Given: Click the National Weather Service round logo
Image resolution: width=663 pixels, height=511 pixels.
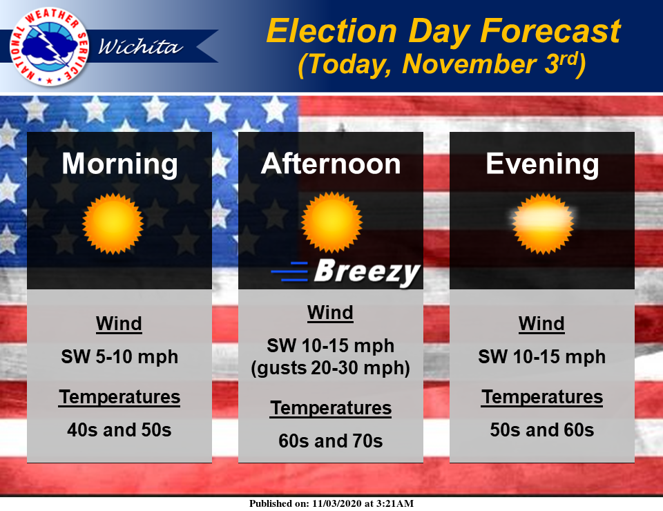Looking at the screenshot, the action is [x=50, y=46].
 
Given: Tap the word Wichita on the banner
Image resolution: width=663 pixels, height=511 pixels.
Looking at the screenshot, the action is [x=140, y=46].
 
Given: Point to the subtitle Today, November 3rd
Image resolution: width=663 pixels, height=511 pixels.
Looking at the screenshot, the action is [x=442, y=64].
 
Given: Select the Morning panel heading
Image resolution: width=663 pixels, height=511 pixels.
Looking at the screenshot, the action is [x=119, y=164].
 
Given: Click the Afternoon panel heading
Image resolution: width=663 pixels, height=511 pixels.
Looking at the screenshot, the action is [x=331, y=164].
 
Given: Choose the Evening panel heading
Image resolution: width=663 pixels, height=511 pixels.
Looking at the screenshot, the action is [x=542, y=164].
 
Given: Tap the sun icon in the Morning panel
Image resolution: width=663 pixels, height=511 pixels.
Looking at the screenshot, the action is [x=113, y=224].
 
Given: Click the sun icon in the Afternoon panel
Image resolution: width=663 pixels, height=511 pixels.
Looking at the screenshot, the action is [x=331, y=222].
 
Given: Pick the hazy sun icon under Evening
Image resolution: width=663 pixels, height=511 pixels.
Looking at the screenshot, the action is [x=543, y=224].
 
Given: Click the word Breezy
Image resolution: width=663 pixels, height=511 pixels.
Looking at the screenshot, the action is [x=367, y=271].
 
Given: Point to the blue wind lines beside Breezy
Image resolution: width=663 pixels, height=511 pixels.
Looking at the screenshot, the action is [x=289, y=271].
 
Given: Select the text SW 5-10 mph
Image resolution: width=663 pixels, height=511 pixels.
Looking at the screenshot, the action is [x=119, y=357].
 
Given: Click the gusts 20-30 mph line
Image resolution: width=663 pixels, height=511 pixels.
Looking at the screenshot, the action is [x=331, y=368].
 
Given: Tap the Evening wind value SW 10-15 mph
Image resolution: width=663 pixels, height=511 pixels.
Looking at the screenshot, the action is [x=542, y=357].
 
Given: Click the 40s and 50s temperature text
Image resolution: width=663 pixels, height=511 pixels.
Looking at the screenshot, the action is [x=119, y=430].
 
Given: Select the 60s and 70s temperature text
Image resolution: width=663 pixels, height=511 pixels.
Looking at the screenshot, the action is [x=331, y=441].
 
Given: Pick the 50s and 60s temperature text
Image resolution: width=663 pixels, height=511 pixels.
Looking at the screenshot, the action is [x=542, y=430].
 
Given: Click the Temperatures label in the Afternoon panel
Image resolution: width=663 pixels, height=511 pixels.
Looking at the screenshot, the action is [x=331, y=408].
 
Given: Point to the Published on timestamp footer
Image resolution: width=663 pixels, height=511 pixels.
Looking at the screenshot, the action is [x=331, y=503].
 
